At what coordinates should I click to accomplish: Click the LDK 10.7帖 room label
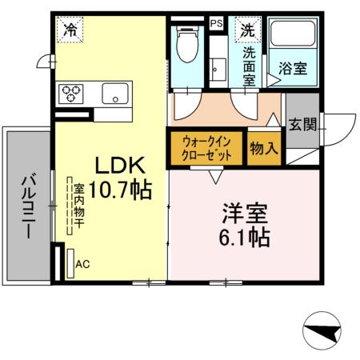(120, 178)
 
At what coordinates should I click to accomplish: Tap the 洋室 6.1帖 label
(245, 226)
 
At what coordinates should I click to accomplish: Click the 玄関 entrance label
(302, 125)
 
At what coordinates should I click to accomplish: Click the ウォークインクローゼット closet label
(206, 149)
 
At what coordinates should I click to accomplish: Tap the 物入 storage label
(263, 149)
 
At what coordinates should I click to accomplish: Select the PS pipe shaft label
(215, 24)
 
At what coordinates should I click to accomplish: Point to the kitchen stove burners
(70, 94)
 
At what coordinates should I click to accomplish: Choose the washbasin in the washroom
(218, 66)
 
